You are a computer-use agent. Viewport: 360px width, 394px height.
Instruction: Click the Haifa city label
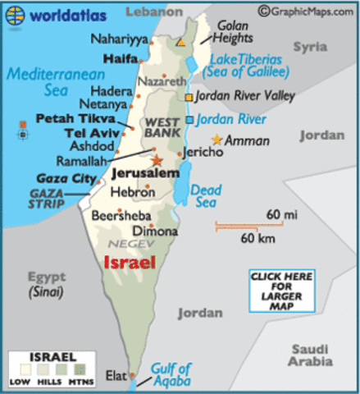tap(121, 59)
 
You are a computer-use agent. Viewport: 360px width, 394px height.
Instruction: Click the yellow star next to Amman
tap(216, 140)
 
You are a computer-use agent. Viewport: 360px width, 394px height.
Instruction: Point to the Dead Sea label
tap(206, 195)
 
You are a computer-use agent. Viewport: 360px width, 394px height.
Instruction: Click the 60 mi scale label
tap(274, 214)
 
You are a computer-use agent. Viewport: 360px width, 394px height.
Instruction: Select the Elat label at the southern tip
tap(116, 376)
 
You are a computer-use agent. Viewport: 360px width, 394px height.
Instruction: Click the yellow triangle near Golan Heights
tap(180, 41)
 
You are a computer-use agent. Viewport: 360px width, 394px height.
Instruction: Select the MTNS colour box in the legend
tap(82, 371)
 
